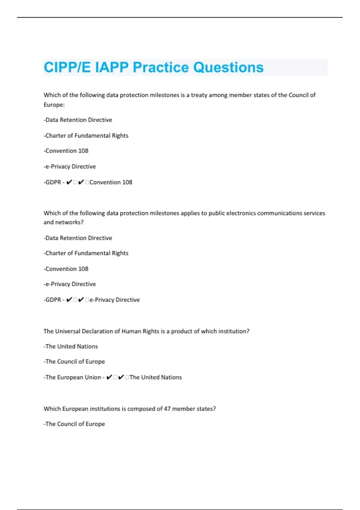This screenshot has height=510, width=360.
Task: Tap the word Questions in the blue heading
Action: pos(228,67)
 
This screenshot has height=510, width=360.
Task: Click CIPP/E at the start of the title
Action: pos(67,67)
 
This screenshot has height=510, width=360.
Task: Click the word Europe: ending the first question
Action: pos(54,105)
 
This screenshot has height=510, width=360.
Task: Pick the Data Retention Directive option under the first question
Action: pos(78,120)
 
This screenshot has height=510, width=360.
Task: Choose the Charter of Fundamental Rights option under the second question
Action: pos(86,253)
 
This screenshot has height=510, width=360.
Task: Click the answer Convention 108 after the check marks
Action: pos(111,182)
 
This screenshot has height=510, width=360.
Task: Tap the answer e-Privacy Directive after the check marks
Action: pos(115,300)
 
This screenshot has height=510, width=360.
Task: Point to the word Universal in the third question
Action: pos(68,331)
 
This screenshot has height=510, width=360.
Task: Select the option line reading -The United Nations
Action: pos(71,346)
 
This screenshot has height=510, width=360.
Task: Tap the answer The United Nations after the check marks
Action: pos(155,377)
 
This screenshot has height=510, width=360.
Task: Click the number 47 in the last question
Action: pos(167,409)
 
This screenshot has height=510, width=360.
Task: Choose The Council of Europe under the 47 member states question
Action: pos(74,424)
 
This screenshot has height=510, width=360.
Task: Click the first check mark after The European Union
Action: pos(109,377)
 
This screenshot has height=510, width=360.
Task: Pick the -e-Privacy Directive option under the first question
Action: pos(70,166)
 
